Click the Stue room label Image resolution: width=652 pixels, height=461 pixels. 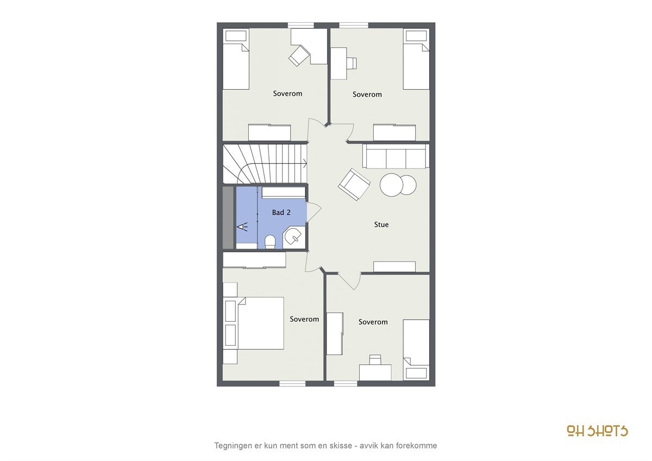[381, 225]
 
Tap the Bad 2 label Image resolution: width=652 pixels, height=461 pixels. [281, 213]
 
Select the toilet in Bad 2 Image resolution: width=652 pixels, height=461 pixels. [270, 241]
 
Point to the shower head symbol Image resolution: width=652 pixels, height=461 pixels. [242, 226]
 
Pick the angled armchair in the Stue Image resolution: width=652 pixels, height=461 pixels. [354, 184]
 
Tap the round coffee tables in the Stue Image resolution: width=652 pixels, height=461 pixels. [398, 185]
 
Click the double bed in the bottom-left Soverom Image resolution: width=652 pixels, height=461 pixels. [260, 322]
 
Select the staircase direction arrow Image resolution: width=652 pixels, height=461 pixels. [304, 163]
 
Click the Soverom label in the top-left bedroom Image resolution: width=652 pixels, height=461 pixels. [287, 94]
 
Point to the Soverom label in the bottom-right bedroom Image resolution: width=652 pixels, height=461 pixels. [373, 322]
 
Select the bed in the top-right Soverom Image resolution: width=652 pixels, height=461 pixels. [416, 60]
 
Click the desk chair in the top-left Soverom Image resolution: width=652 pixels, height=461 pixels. [298, 55]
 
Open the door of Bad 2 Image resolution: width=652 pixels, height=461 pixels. [314, 212]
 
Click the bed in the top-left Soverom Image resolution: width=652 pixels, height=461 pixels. [236, 60]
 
